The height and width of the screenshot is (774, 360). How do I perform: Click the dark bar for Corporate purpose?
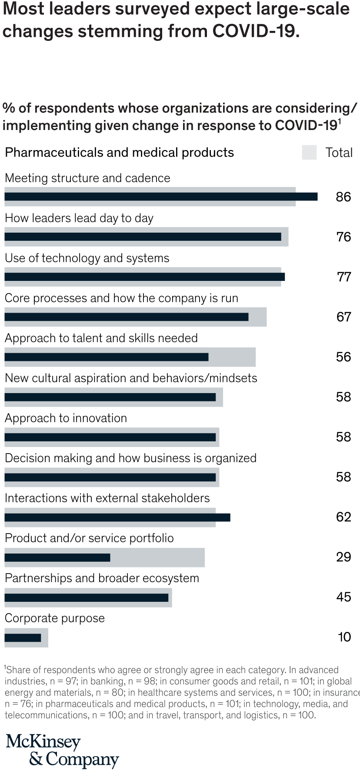(x=23, y=637)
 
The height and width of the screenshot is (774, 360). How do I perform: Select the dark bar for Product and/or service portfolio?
(x=57, y=557)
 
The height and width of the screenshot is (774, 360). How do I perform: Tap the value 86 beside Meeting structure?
(x=343, y=197)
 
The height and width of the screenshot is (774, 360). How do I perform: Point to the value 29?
(x=343, y=557)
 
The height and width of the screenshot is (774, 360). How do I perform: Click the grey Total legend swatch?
(x=309, y=153)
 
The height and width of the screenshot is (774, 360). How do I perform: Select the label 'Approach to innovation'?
(x=66, y=418)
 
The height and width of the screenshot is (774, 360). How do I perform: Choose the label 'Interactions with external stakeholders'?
(x=107, y=498)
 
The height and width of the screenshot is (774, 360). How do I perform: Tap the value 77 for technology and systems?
(x=343, y=277)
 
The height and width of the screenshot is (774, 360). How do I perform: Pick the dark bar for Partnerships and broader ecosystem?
(x=87, y=597)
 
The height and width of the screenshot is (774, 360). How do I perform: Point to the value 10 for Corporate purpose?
(x=344, y=637)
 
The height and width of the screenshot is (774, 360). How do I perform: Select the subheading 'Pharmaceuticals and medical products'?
(x=119, y=153)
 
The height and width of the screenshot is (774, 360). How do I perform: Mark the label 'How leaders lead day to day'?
(x=79, y=218)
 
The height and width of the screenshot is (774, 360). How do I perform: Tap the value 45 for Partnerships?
(x=343, y=597)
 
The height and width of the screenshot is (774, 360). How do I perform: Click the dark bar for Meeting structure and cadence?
(x=161, y=197)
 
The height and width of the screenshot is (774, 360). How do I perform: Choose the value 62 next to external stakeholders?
(x=343, y=517)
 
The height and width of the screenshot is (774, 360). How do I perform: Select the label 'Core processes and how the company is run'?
(x=122, y=298)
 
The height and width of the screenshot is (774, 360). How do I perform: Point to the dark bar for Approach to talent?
(x=107, y=357)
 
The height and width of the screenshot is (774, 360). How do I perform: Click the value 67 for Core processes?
(x=343, y=317)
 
